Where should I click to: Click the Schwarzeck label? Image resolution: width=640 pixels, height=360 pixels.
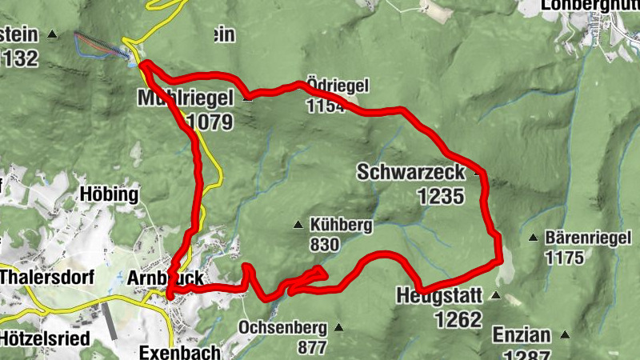410,172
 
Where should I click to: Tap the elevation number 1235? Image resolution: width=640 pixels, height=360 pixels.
440,195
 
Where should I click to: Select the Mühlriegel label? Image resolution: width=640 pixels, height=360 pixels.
185,98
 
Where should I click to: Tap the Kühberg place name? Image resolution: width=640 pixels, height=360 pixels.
340,226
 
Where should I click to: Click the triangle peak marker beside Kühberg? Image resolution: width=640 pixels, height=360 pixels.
298,225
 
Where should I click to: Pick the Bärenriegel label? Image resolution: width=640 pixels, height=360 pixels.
582,238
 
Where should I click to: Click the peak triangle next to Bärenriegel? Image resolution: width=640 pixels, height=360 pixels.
533,238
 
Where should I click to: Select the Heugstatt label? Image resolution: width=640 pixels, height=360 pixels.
439,296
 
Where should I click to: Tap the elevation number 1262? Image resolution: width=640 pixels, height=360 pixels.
459,320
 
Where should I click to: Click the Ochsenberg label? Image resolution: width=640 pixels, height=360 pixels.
282,327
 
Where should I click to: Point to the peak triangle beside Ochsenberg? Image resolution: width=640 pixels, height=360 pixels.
338,327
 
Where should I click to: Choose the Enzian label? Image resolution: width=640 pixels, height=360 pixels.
527,334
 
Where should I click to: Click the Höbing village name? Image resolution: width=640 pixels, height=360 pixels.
110,194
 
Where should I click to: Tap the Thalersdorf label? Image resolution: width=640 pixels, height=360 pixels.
47,278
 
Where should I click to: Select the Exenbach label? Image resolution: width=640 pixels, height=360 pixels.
174,352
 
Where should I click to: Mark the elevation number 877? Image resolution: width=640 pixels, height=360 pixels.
311,347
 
